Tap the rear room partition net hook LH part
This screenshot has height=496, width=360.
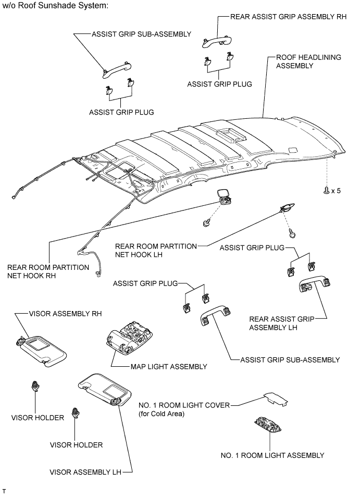tap(285, 208)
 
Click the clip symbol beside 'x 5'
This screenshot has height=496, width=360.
tap(326, 190)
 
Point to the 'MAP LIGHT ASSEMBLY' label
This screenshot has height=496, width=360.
tap(168, 366)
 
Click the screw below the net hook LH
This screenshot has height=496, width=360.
tap(292, 233)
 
